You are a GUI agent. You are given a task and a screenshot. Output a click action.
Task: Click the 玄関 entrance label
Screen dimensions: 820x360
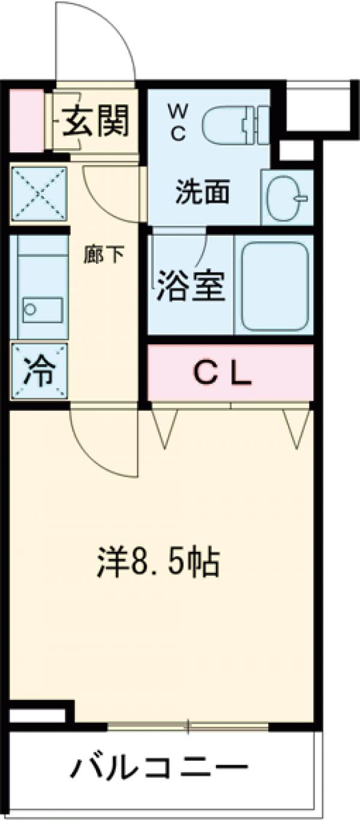97,119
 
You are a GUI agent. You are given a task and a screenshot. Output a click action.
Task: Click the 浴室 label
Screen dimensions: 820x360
191,287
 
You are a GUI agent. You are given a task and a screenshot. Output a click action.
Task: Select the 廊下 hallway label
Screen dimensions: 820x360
104,254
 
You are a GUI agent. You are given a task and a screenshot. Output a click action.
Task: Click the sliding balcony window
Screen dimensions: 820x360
188,726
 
